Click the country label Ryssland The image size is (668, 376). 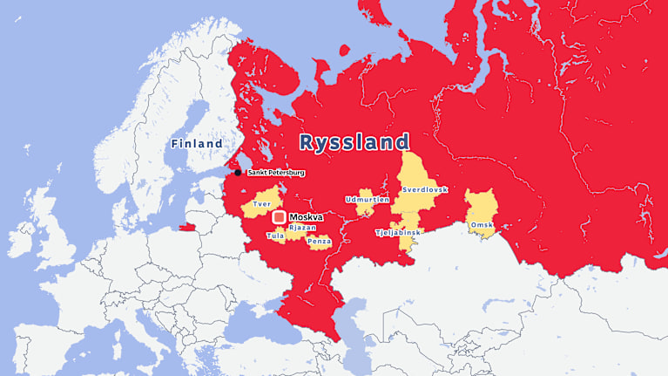coord(354,142)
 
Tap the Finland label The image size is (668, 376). coord(196,143)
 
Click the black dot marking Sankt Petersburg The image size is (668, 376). coord(238,173)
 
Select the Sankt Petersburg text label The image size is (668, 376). coord(276,174)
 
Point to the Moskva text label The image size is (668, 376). coord(306,216)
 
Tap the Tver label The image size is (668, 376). coord(261,203)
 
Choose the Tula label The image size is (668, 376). coord(275,236)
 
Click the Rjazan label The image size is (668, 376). coord(302,228)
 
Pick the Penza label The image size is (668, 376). coord(320,241)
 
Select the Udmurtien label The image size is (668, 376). coord(368,200)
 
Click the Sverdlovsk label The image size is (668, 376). coord(425,189)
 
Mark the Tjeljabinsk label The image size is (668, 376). coord(397,233)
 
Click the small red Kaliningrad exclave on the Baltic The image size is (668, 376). coord(186,229)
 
